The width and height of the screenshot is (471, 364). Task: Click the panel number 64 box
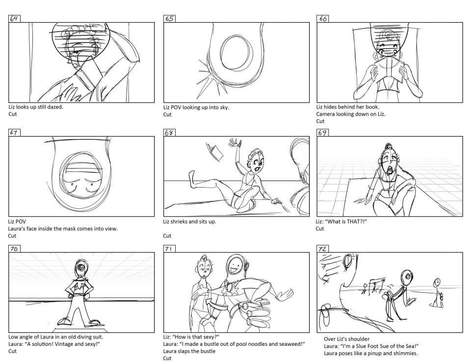pos(14,19)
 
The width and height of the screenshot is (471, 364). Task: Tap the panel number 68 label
pos(169,132)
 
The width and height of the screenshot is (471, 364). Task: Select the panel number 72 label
pos(322,249)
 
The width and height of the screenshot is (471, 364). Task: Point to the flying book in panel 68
pos(215,152)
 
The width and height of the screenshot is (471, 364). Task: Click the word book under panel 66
pos(372,107)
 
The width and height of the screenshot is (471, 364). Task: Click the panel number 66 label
pos(322,19)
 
